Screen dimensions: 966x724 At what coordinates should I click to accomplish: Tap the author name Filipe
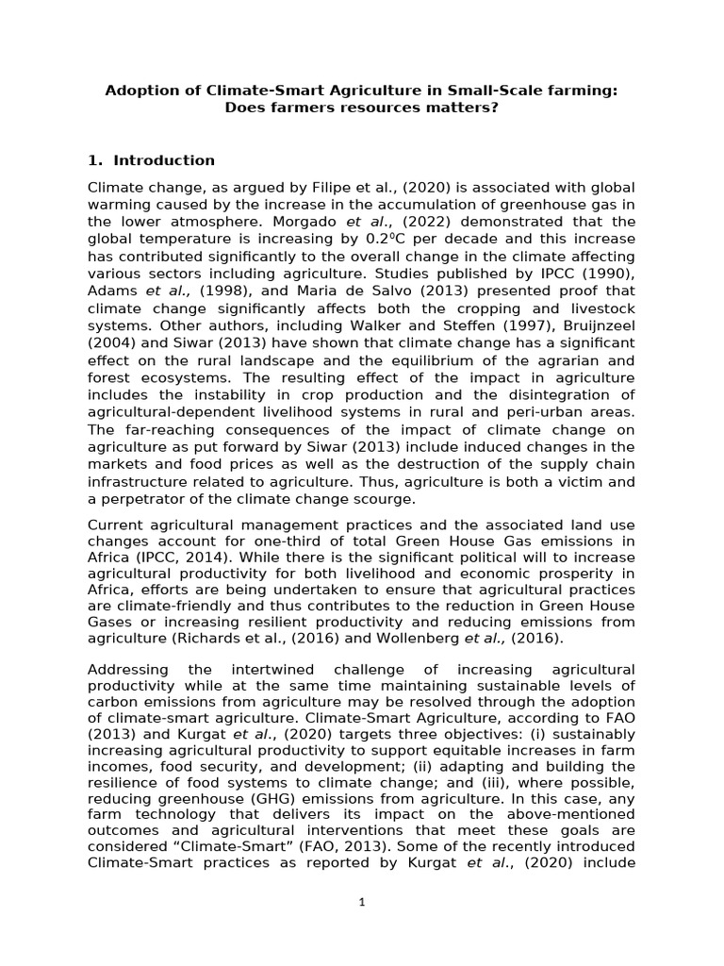pos(304,187)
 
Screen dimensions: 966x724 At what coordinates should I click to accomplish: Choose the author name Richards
pos(216,639)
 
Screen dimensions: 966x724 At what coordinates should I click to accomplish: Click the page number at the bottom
pos(362,902)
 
